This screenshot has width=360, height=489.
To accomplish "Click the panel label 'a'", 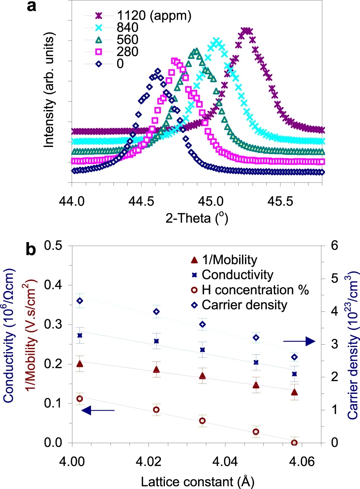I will (x=32, y=6).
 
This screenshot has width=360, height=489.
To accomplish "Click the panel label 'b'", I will (x=31, y=249).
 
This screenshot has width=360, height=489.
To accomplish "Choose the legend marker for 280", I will (x=99, y=51).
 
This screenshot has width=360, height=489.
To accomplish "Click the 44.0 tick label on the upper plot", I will (x=72, y=201).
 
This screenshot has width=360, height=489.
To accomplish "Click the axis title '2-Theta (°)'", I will (x=197, y=218).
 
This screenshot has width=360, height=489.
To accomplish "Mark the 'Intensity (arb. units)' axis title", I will (x=49, y=90).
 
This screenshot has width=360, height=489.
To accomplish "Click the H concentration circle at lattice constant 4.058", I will (x=294, y=442).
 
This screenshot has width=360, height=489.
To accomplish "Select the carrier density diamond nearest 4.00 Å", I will (x=79, y=301).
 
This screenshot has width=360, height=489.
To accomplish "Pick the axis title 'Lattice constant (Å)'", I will (x=197, y=482).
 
